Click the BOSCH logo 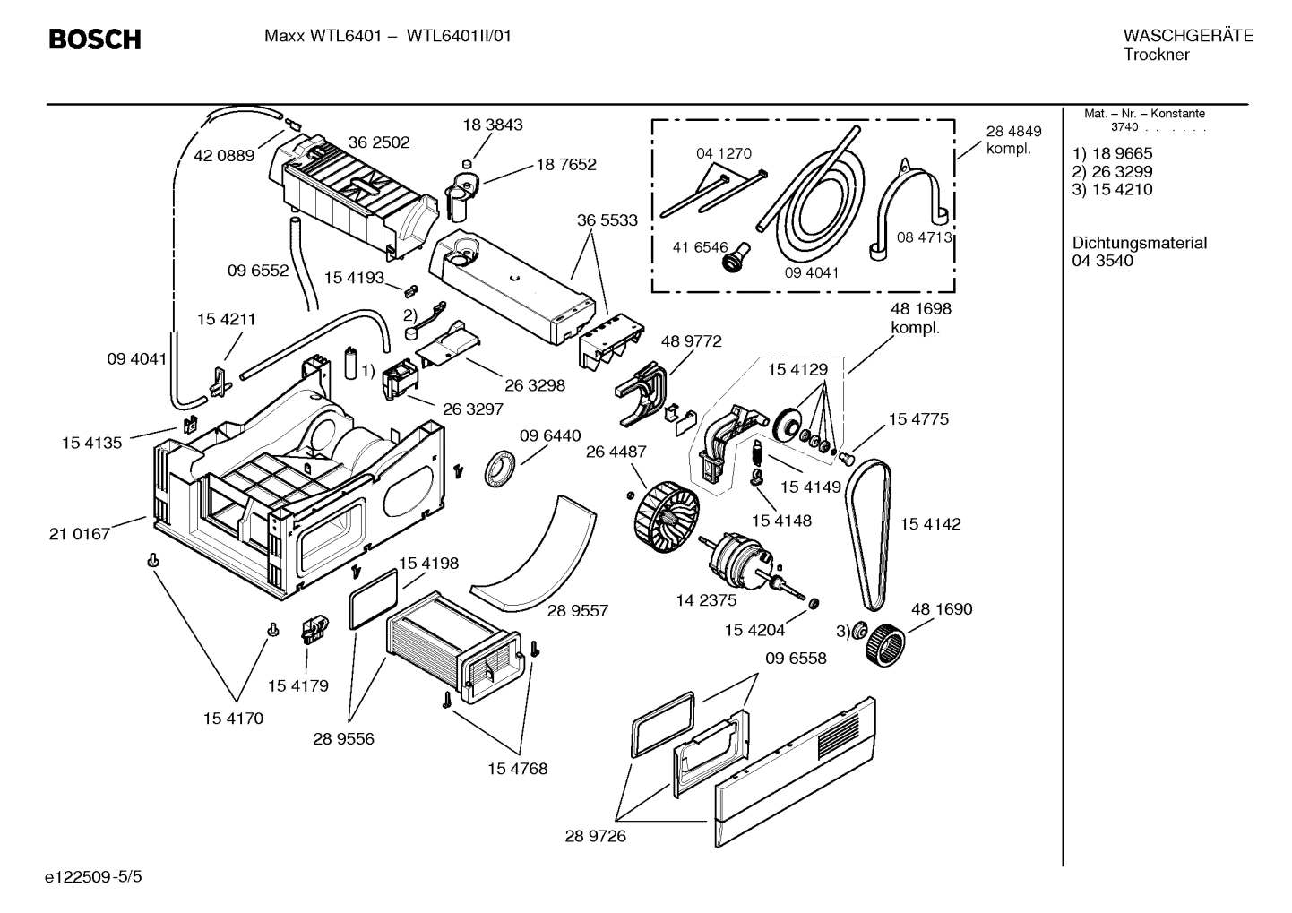94,39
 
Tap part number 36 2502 378,142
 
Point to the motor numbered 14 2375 736,560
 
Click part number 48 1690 941,609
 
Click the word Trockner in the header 1156,55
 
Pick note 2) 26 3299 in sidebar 1112,171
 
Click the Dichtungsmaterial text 1139,243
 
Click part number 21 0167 80,534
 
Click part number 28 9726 595,836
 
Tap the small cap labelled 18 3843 465,163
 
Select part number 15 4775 917,419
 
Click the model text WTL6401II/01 460,37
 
